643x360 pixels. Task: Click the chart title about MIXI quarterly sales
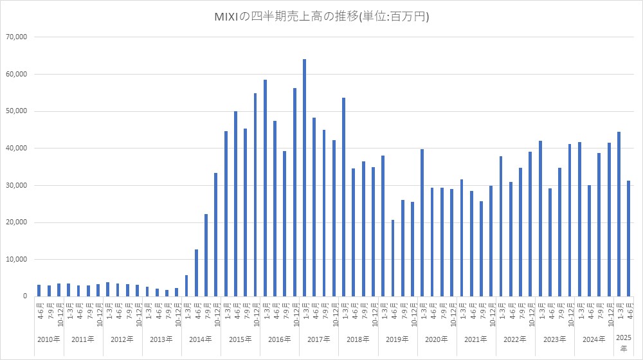[321, 17]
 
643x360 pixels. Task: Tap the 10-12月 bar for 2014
[216, 235]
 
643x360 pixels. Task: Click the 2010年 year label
[49, 339]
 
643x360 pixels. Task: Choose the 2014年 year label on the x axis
[201, 339]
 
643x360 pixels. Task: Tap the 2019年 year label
[397, 339]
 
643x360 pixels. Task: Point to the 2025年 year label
[623, 343]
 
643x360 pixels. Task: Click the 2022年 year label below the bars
[514, 339]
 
